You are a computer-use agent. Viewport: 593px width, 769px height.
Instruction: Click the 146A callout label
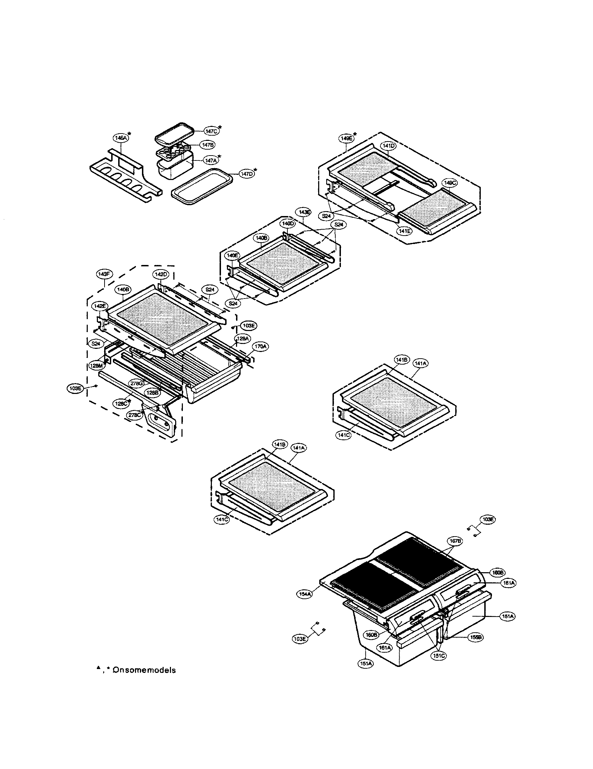pos(120,138)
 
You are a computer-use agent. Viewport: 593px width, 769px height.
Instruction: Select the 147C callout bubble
pos(210,131)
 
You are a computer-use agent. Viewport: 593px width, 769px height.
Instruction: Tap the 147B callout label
pos(207,145)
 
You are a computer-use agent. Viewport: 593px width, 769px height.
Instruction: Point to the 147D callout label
pos(246,174)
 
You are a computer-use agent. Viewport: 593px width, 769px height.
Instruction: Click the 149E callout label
pos(346,138)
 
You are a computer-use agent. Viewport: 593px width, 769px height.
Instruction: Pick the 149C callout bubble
pos(450,183)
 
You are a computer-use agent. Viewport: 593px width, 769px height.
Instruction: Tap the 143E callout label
pos(304,212)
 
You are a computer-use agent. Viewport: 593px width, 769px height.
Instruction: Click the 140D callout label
pos(287,224)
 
